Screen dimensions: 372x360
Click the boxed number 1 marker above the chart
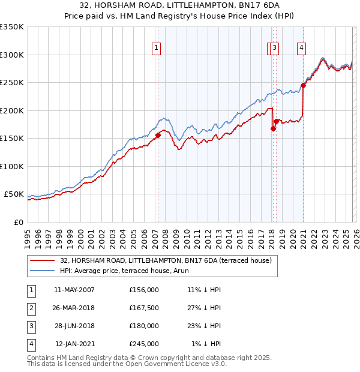[157, 49]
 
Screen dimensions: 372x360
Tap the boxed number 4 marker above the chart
[301, 49]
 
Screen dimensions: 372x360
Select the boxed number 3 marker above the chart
[274, 49]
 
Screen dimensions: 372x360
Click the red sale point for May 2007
[158, 135]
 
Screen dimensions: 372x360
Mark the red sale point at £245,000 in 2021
[304, 85]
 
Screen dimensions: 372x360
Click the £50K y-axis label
[14, 194]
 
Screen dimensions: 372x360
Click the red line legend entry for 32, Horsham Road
[166, 260]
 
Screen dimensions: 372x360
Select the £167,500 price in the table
[144, 308]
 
